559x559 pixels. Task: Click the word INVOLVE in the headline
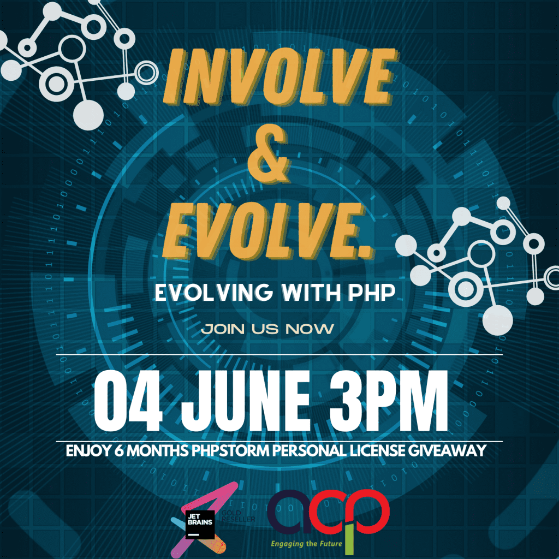(279, 82)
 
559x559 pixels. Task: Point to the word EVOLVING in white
(213, 293)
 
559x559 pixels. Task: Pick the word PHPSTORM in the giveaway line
(232, 451)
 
